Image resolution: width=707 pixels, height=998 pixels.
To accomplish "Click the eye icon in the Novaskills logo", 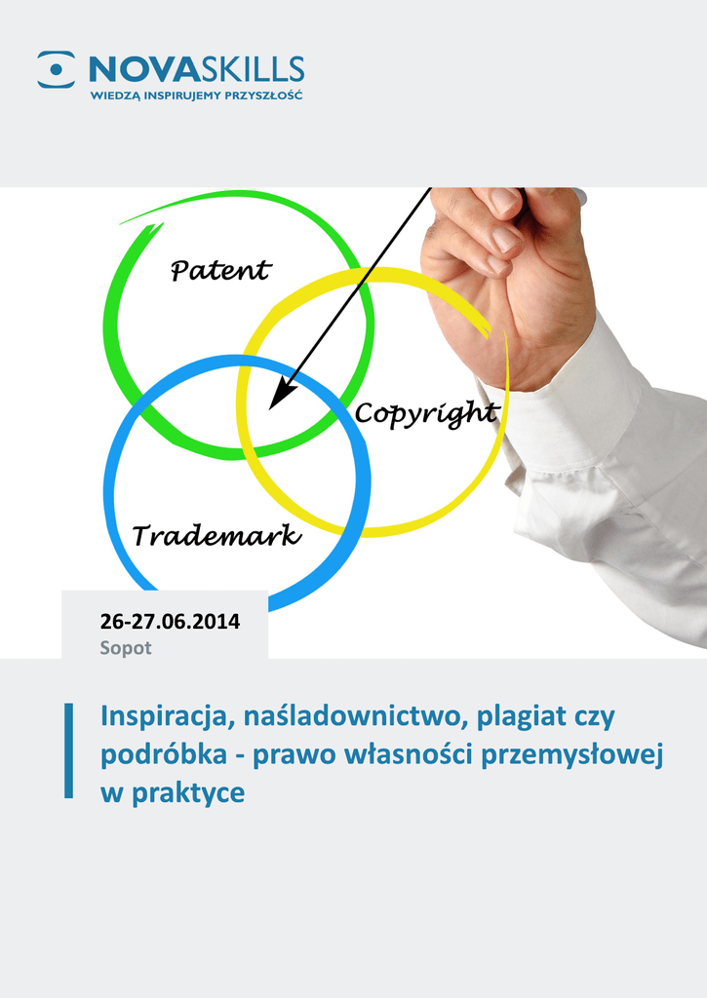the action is (56, 69).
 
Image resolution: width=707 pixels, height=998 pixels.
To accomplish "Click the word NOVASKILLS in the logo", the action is (197, 69).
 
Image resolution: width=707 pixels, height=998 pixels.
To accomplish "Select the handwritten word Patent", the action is (221, 270).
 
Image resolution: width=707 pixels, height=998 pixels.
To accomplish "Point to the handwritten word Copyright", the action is (426, 414).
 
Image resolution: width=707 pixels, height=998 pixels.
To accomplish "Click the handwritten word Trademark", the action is (216, 535).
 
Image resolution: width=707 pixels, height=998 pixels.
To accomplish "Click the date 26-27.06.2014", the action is (170, 621).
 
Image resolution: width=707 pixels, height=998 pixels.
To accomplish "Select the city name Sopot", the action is (126, 648).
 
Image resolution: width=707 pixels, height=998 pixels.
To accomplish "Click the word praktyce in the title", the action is (188, 793).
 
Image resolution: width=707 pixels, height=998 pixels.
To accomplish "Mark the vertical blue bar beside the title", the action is (69, 750).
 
